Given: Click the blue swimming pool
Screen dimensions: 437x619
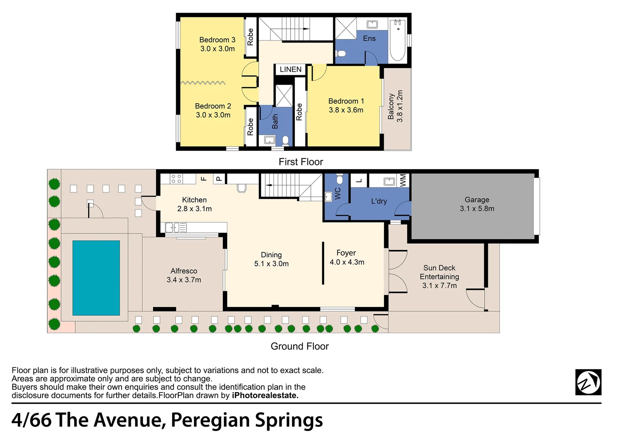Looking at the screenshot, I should [96, 278].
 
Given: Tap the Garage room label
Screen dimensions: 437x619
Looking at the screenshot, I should [477, 200].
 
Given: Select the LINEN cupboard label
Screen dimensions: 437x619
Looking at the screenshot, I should [290, 70].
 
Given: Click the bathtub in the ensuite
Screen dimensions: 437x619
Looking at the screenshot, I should [398, 40].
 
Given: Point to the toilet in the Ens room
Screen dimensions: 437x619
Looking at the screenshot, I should [341, 53].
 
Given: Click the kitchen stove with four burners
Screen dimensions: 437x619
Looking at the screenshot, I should [176, 179].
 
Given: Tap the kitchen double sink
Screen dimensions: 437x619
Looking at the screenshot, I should [175, 228].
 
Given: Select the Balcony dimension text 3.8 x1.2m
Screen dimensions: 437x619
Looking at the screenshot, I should [400, 106].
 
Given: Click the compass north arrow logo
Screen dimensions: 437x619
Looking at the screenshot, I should [588, 382].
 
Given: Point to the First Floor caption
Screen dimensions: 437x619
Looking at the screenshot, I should [301, 162].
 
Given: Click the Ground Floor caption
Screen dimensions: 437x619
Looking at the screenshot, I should [300, 346].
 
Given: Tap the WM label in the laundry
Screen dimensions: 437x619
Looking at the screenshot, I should [403, 180].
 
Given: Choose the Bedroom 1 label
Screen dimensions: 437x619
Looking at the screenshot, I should [346, 101].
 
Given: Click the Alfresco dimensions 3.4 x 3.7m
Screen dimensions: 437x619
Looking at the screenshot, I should [184, 280].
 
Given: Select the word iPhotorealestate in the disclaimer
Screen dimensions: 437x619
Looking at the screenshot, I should [265, 396].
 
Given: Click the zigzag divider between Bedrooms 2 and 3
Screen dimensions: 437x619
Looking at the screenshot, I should [203, 83].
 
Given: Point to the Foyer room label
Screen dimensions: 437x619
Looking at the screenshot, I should [346, 253].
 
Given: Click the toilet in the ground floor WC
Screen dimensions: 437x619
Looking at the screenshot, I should [340, 179].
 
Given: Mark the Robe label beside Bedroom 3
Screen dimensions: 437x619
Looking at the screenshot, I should [250, 37].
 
